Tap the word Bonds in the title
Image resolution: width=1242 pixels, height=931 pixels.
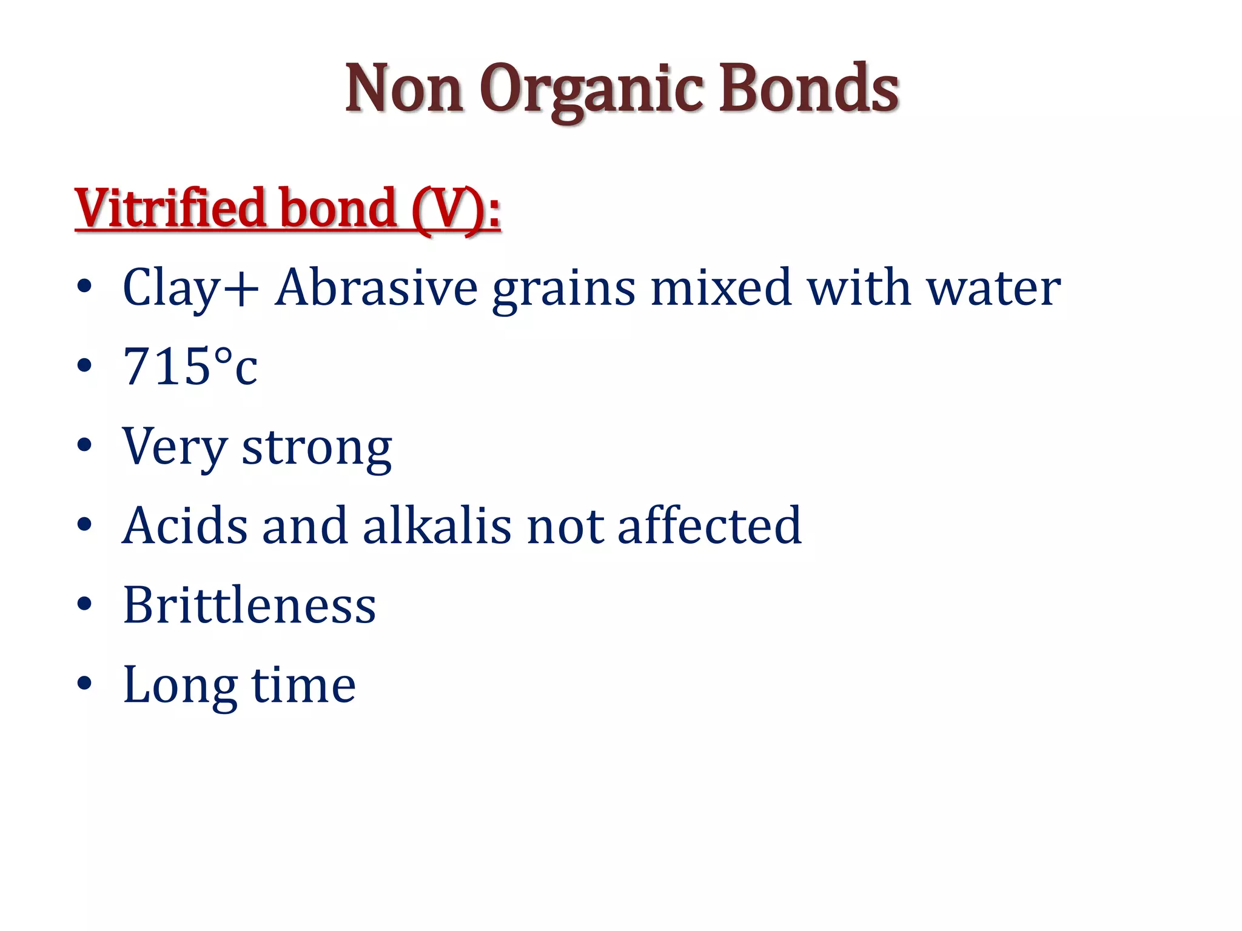[x=809, y=88]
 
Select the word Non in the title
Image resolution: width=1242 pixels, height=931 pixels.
[x=404, y=90]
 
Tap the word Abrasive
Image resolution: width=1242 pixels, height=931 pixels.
[x=376, y=287]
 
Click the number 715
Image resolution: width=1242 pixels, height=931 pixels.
[x=166, y=366]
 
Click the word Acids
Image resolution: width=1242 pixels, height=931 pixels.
[x=185, y=525]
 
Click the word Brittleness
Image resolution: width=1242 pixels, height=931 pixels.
[x=249, y=604]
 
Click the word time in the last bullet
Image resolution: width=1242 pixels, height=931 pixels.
[x=303, y=685]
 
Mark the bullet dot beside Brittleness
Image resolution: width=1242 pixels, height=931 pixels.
[x=84, y=604]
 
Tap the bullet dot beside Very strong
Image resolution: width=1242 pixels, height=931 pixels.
[x=84, y=445]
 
